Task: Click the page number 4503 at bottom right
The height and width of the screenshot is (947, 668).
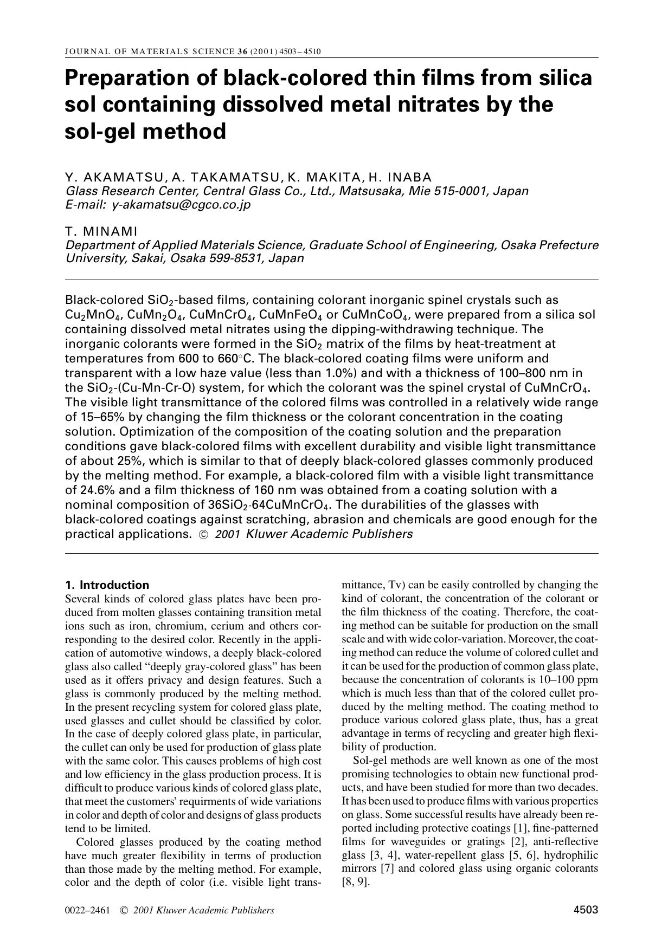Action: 586,910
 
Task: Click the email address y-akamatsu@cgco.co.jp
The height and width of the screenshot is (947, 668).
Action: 181,205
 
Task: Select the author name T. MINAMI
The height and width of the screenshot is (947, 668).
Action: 101,231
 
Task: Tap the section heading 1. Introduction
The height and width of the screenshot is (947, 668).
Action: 107,585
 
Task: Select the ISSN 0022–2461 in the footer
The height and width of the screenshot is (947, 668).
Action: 87,911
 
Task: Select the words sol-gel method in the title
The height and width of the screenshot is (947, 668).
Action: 145,132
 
